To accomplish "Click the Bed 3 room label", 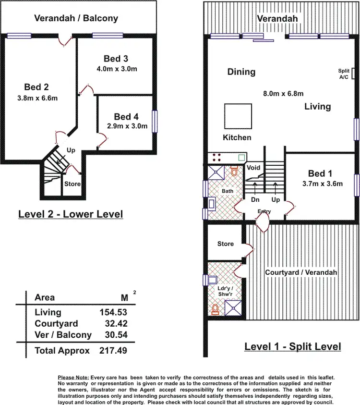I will pos(116,59).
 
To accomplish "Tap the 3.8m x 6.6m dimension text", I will pos(37,98).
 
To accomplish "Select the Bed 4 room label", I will pos(126,117).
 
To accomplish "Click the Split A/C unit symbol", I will pos(354,73).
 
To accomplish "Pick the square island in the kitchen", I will pos(239,116).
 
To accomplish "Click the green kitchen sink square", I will pos(241,157).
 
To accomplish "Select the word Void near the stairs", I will pos(253,167).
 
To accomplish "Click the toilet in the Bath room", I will pos(234,172).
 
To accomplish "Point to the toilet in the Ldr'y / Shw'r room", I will pos(216,308).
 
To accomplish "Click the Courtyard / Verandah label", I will pos(301,272).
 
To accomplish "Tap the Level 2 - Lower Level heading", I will pos(71,214).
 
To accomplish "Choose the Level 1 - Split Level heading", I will pos(293,346).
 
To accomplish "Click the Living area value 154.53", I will pos(113,313).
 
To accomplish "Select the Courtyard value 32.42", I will pos(116,324).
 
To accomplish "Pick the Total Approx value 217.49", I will pos(113,351).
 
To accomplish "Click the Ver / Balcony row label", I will pos(63,335).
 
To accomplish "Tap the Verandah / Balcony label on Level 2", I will pos(76,18).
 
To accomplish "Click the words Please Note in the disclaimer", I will pos(73,378).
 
